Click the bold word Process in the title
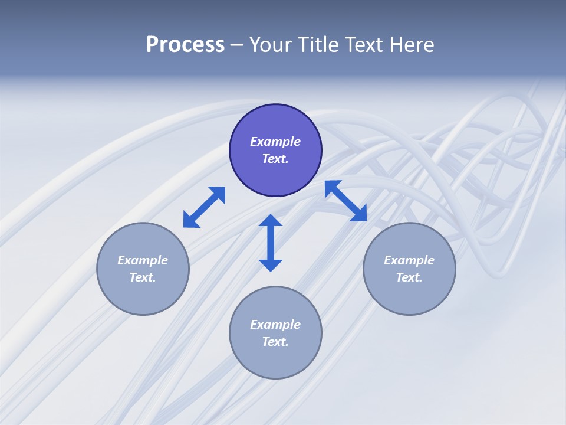tap(185, 45)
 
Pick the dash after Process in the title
tap(236, 45)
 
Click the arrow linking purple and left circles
tap(204, 207)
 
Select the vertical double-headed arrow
tap(271, 243)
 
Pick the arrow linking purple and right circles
tap(346, 201)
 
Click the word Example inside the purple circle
tap(275, 142)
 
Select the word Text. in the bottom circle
tap(275, 342)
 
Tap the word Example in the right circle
tap(409, 260)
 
